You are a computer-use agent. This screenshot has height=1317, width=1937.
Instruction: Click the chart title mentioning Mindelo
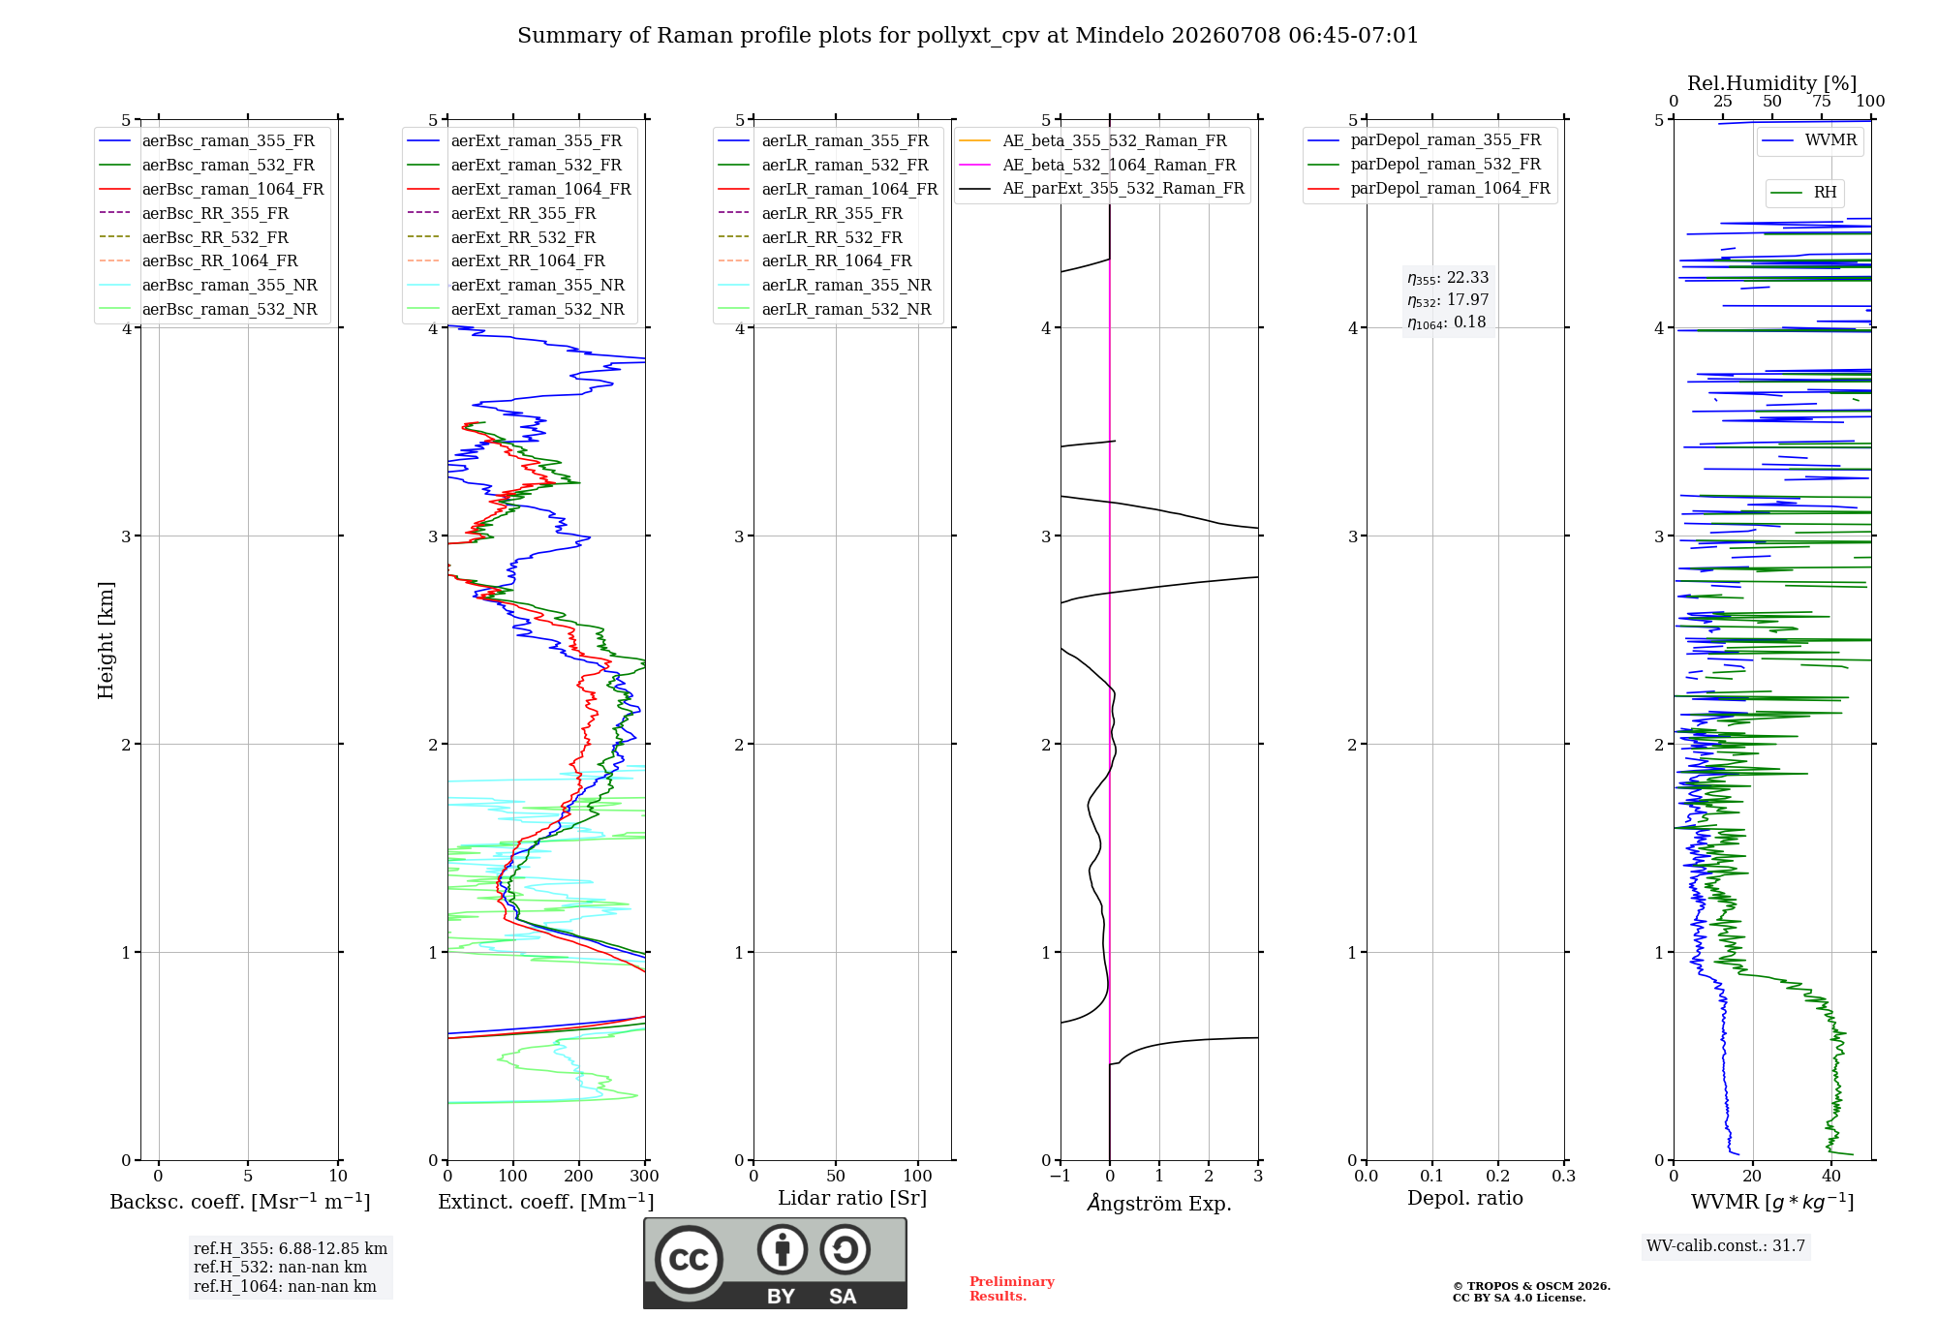(x=968, y=36)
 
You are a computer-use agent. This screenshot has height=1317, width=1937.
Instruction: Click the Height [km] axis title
(x=106, y=640)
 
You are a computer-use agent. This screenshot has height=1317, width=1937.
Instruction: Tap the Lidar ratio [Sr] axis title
(x=852, y=1198)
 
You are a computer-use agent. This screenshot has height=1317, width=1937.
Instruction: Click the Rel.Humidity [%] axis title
(x=1772, y=83)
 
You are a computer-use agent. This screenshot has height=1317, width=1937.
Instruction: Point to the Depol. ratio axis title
(x=1465, y=1198)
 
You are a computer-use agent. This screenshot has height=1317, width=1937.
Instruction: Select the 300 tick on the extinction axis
(x=645, y=1176)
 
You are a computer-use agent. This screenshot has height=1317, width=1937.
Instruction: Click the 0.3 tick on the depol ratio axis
(x=1564, y=1176)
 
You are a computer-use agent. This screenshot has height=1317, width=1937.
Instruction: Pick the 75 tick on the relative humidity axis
(x=1822, y=101)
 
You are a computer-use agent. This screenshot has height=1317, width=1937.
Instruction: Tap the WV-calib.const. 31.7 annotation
(x=1726, y=1245)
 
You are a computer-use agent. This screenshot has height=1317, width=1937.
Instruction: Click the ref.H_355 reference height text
(x=291, y=1248)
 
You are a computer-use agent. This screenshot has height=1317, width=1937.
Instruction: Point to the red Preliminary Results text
(x=1012, y=1289)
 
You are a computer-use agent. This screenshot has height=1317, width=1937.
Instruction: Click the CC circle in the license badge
(x=689, y=1260)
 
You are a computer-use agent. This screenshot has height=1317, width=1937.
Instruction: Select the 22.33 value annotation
(x=1467, y=277)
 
